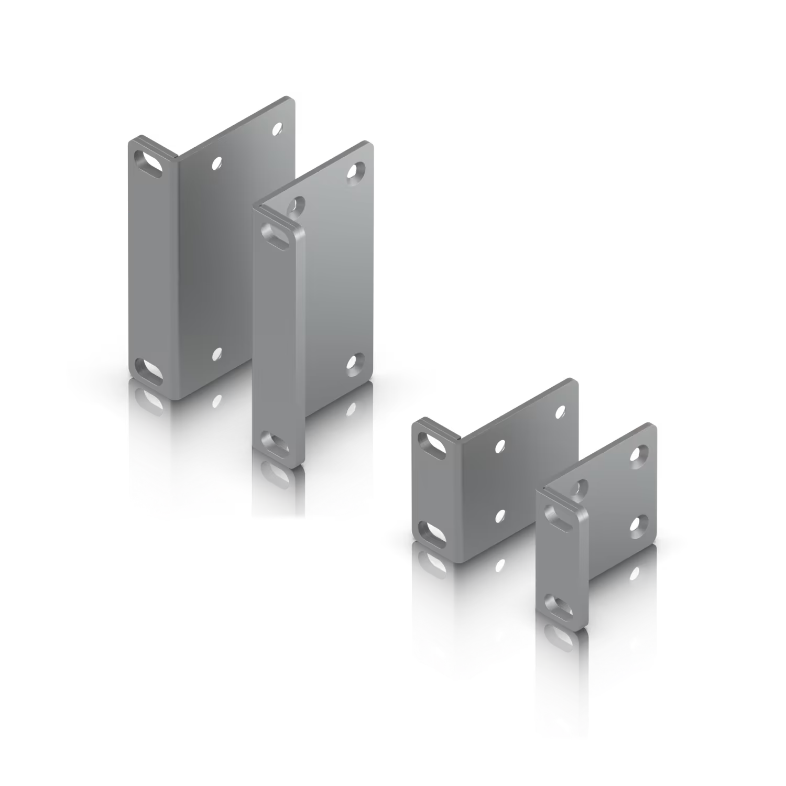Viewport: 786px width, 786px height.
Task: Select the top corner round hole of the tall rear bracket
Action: pyautogui.click(x=277, y=127)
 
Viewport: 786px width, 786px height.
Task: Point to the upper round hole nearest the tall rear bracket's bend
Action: pyautogui.click(x=215, y=163)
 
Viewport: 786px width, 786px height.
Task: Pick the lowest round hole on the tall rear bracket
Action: pyautogui.click(x=215, y=354)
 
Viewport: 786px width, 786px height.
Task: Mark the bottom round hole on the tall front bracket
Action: pyautogui.click(x=356, y=362)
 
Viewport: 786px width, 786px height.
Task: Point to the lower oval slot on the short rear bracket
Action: pyautogui.click(x=433, y=532)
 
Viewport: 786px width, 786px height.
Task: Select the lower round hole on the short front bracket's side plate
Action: pyautogui.click(x=639, y=525)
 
